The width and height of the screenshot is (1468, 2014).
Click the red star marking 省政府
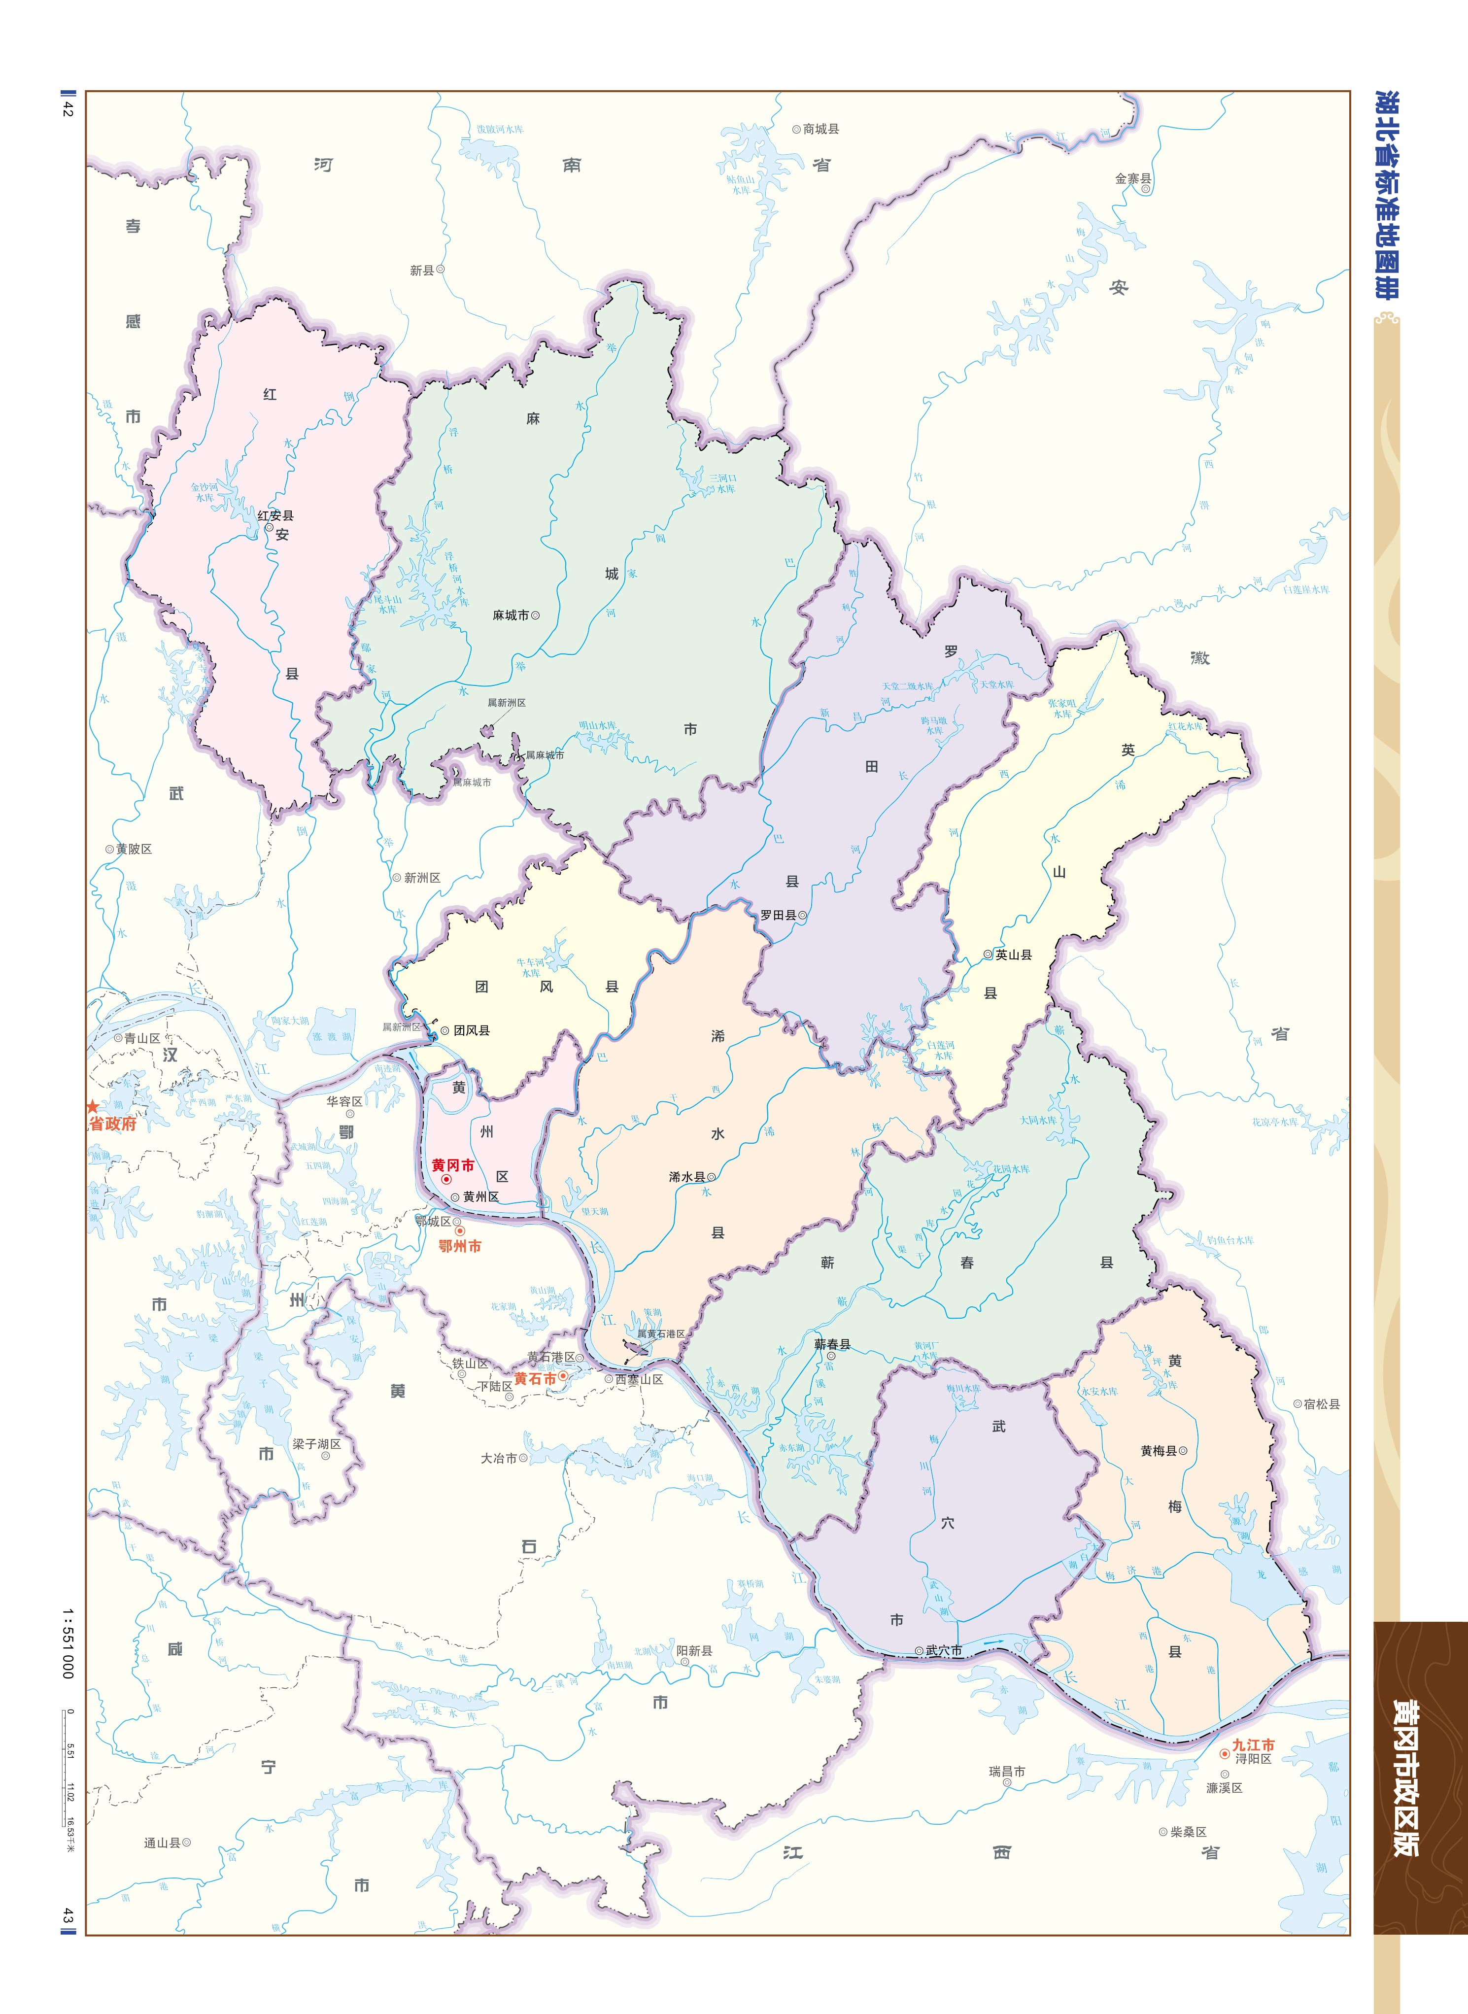click(93, 1107)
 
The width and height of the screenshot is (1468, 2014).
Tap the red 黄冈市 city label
click(452, 1165)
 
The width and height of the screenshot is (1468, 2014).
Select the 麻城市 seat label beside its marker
click(511, 615)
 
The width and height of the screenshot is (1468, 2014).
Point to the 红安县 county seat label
click(275, 515)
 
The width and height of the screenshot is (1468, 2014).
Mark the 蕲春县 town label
click(833, 1344)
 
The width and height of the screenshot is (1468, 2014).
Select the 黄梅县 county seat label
click(1159, 1451)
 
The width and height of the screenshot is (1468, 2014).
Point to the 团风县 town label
click(472, 1030)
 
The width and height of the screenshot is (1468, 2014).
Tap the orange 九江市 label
click(1253, 1745)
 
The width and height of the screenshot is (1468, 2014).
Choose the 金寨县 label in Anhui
click(1133, 178)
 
